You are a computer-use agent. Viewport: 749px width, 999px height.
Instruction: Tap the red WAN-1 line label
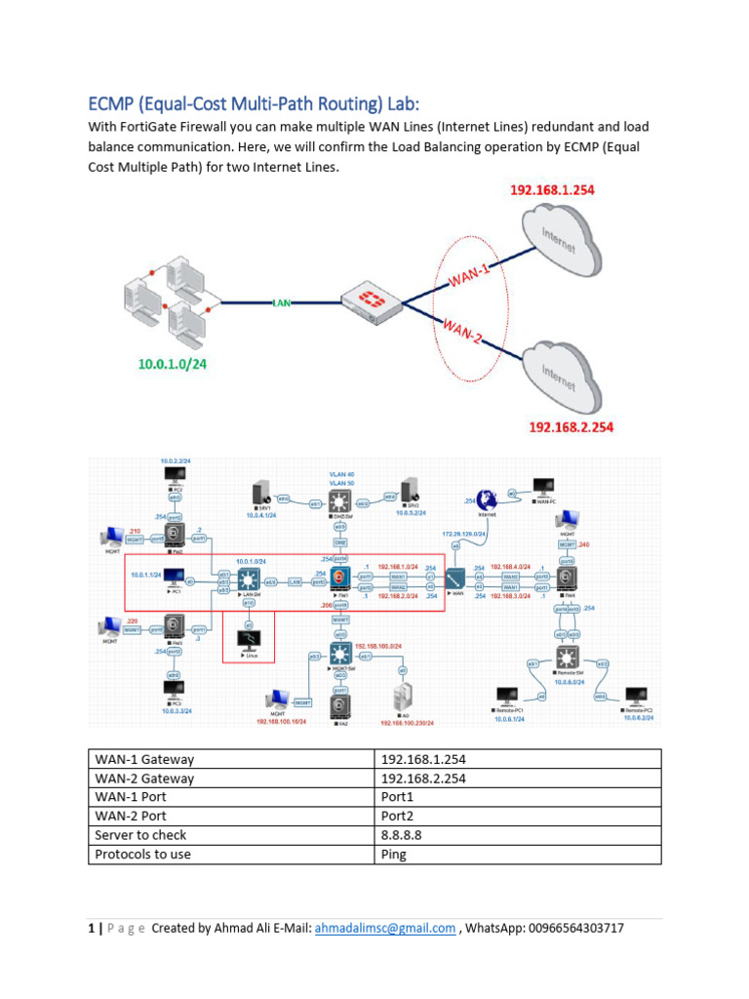pyautogui.click(x=470, y=275)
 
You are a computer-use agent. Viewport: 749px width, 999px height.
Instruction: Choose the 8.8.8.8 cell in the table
pyautogui.click(x=401, y=835)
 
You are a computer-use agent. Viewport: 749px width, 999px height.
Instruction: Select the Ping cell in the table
pyautogui.click(x=394, y=854)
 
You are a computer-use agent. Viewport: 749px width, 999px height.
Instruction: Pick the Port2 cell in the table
pyautogui.click(x=398, y=816)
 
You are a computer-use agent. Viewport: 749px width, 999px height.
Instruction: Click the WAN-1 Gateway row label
pyautogui.click(x=144, y=759)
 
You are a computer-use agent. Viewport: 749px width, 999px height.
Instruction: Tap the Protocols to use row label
pyautogui.click(x=142, y=854)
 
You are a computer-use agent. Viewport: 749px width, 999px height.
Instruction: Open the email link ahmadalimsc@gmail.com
pyautogui.click(x=385, y=929)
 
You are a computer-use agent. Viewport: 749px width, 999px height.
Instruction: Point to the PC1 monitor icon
pyautogui.click(x=175, y=576)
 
